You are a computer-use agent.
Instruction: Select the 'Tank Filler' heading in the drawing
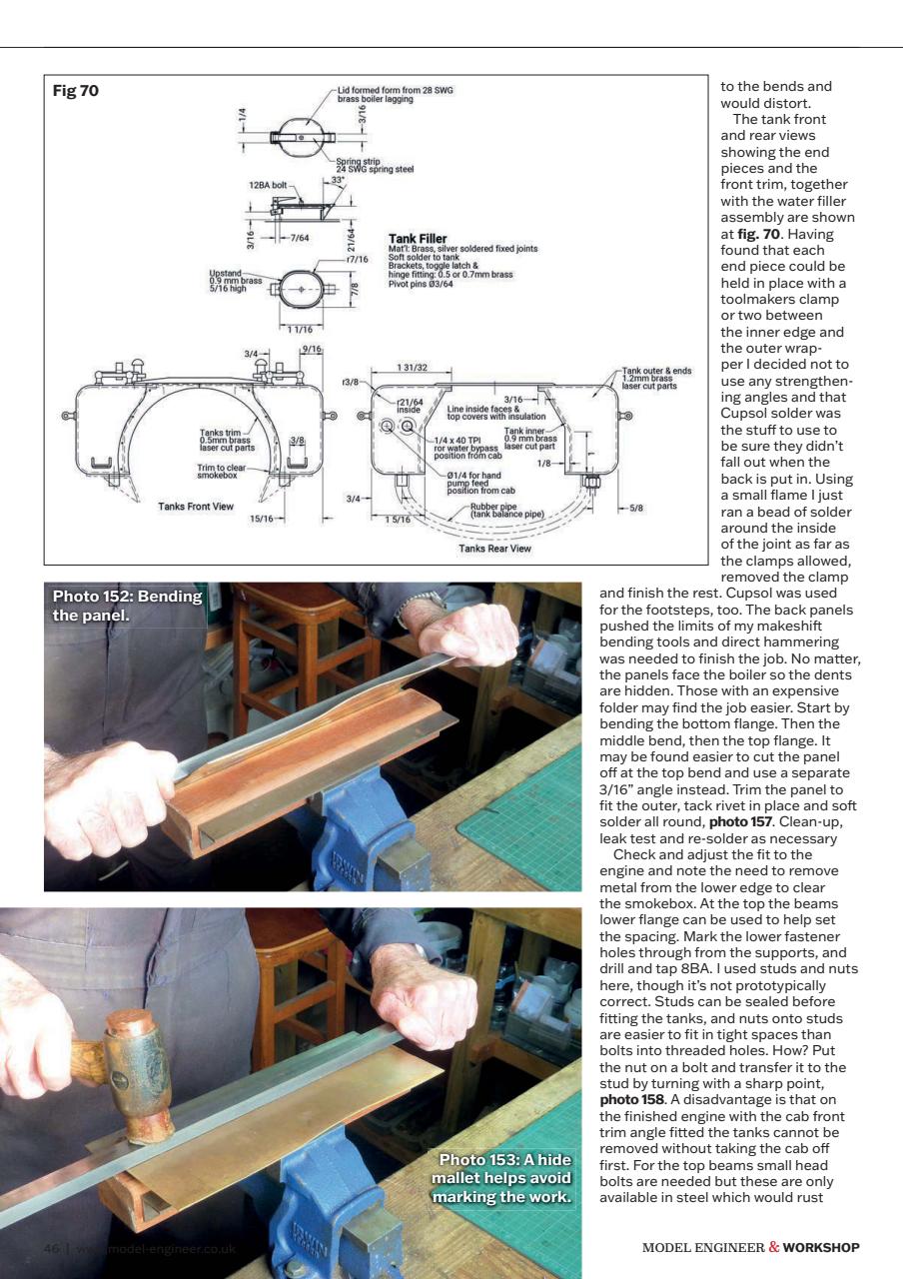click(x=417, y=239)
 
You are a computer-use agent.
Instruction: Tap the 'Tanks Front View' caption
click(x=196, y=506)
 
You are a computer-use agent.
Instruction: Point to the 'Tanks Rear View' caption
click(x=494, y=548)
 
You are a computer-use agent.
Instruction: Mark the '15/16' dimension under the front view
click(x=263, y=518)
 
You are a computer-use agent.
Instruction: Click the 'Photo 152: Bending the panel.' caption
click(x=127, y=606)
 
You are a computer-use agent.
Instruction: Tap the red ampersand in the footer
click(x=774, y=1246)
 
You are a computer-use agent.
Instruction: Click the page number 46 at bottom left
click(x=52, y=1248)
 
